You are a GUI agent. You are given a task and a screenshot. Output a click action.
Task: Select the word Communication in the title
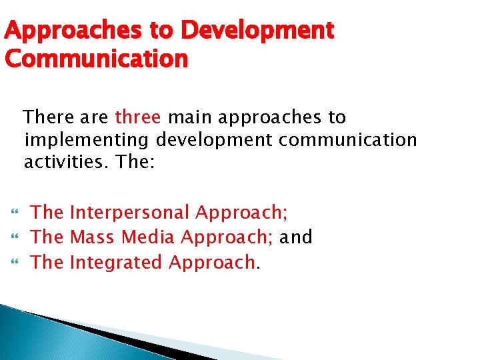(97, 59)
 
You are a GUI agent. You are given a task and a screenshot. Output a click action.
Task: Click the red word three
(138, 117)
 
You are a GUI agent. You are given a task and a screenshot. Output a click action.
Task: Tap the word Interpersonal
(130, 213)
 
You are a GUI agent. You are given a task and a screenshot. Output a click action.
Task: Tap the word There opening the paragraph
(47, 117)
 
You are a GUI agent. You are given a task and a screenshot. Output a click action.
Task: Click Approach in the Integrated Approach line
(212, 262)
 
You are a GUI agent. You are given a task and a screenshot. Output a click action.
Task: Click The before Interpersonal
(47, 213)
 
